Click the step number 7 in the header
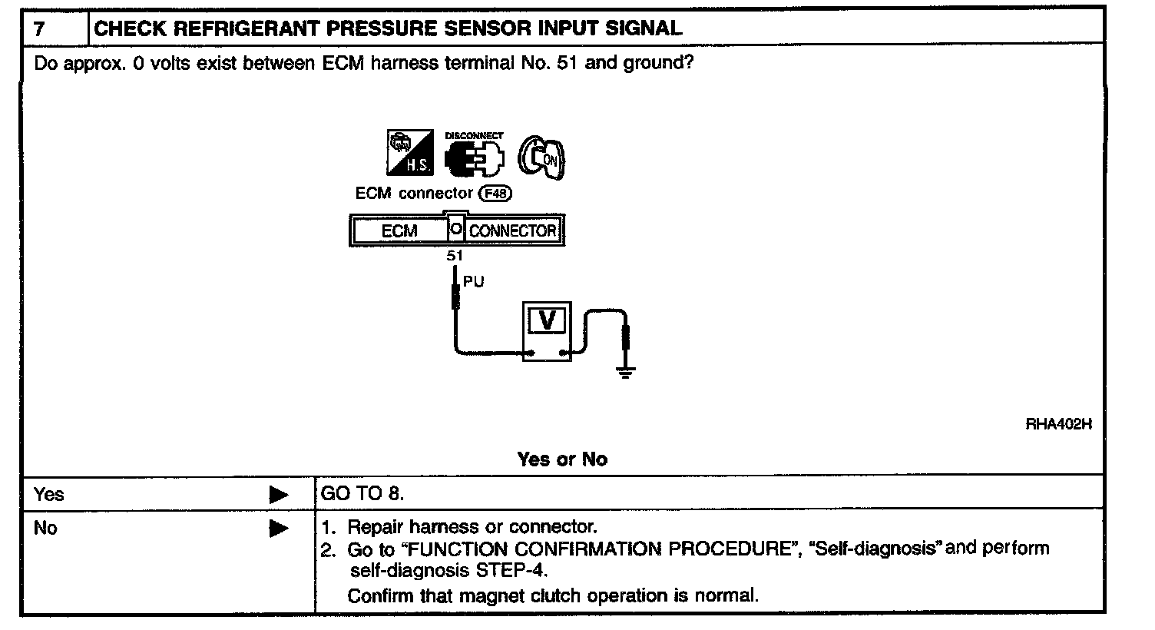[39, 29]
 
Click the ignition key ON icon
[542, 160]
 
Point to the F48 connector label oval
[495, 194]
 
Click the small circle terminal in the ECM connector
[455, 229]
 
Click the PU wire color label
[474, 282]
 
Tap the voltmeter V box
[548, 320]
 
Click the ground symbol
[627, 375]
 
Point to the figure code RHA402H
[1058, 424]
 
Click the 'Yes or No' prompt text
[562, 459]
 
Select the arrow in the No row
[279, 529]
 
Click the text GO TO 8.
[362, 494]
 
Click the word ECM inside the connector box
[399, 230]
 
